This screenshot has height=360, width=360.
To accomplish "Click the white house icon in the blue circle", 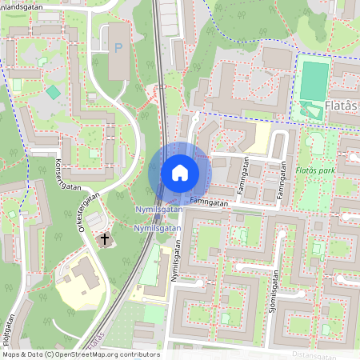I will (x=179, y=172).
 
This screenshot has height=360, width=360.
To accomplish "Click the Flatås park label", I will (x=316, y=169).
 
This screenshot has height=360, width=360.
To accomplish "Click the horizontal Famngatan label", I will (x=210, y=203).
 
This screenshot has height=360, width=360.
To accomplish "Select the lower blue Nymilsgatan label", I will (x=157, y=229).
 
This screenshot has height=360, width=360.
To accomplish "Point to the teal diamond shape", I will (x=53, y=92).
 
